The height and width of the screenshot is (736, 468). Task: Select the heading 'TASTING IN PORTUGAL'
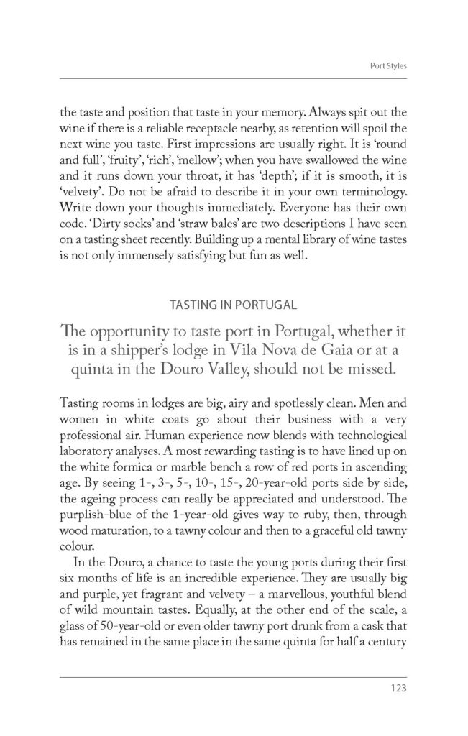click(x=234, y=305)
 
